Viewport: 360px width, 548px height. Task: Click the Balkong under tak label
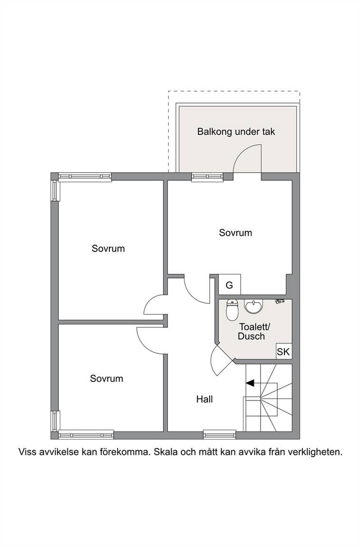(x=236, y=132)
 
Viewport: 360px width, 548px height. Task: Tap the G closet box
(x=230, y=284)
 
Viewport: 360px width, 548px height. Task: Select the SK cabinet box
(x=283, y=351)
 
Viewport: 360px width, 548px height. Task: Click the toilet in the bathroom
(x=232, y=310)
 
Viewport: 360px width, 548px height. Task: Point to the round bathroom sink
(x=253, y=306)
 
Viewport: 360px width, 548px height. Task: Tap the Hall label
(x=204, y=399)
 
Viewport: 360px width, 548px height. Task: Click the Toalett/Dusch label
(x=254, y=331)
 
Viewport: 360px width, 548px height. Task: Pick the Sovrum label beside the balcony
(x=235, y=233)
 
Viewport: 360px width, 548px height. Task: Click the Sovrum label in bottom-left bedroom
(x=107, y=379)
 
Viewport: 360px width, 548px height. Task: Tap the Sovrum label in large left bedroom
(x=108, y=248)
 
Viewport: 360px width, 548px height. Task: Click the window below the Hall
(x=220, y=435)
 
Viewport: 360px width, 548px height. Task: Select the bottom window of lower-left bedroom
(x=86, y=435)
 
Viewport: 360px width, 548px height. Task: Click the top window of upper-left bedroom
(x=85, y=177)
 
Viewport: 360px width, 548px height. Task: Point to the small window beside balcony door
(x=207, y=177)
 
